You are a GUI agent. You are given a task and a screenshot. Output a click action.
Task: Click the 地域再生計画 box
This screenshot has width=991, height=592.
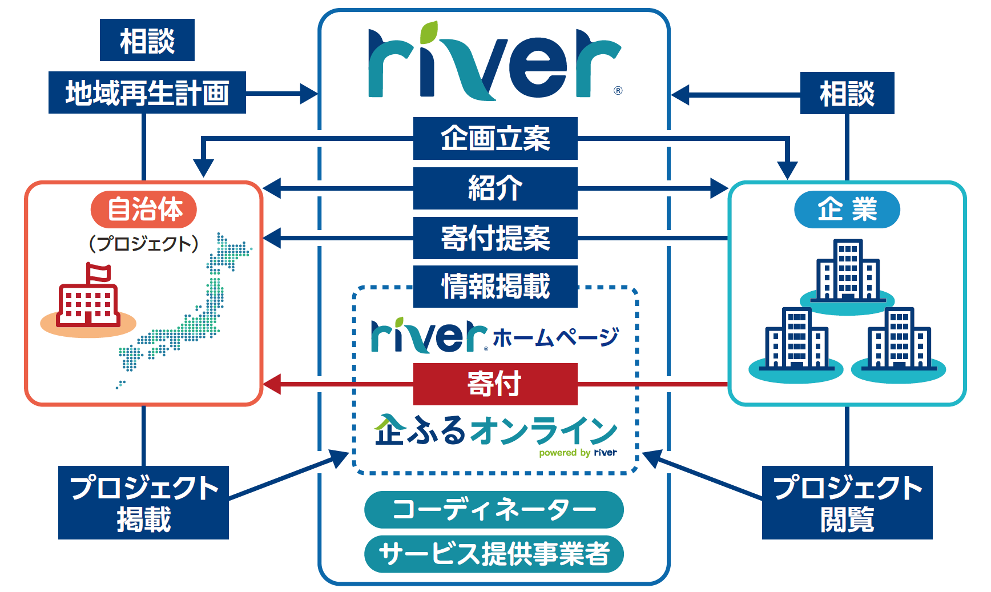pyautogui.click(x=147, y=92)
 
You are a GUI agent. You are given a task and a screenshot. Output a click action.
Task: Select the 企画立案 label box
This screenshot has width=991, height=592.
pyautogui.click(x=495, y=139)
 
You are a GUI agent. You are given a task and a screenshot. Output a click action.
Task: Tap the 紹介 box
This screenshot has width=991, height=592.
pyautogui.click(x=495, y=188)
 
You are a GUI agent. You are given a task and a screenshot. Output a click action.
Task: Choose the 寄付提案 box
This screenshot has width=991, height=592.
pyautogui.click(x=495, y=238)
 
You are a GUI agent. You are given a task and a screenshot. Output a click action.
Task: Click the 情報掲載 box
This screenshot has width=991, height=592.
pyautogui.click(x=495, y=287)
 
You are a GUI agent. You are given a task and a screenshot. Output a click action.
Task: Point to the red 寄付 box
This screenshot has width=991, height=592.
pyautogui.click(x=495, y=384)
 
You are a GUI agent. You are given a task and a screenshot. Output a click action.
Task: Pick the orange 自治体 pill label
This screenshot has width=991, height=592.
pyautogui.click(x=144, y=210)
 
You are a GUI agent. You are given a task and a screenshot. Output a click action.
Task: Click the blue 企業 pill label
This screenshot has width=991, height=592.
pyautogui.click(x=847, y=210)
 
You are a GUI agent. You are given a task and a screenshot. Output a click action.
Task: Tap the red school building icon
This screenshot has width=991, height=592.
pyautogui.click(x=88, y=305)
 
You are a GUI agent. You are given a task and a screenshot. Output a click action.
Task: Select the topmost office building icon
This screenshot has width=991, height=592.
pyautogui.click(x=847, y=270)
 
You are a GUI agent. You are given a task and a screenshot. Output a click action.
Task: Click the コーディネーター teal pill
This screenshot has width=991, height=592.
pyautogui.click(x=494, y=509)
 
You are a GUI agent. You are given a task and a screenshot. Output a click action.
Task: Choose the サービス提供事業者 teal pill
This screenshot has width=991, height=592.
pyautogui.click(x=494, y=554)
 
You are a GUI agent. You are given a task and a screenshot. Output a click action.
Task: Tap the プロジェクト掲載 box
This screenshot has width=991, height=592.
pyautogui.click(x=143, y=502)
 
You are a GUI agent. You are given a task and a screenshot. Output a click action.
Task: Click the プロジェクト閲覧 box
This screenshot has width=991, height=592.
pyautogui.click(x=847, y=502)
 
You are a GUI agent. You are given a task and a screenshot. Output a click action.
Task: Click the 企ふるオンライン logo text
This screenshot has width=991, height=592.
pyautogui.click(x=495, y=431)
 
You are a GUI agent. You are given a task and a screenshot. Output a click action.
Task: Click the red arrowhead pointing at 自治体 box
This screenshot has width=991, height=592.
pyautogui.click(x=272, y=384)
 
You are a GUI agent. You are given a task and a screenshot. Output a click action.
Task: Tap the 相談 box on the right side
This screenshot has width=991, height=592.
pyautogui.click(x=847, y=93)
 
